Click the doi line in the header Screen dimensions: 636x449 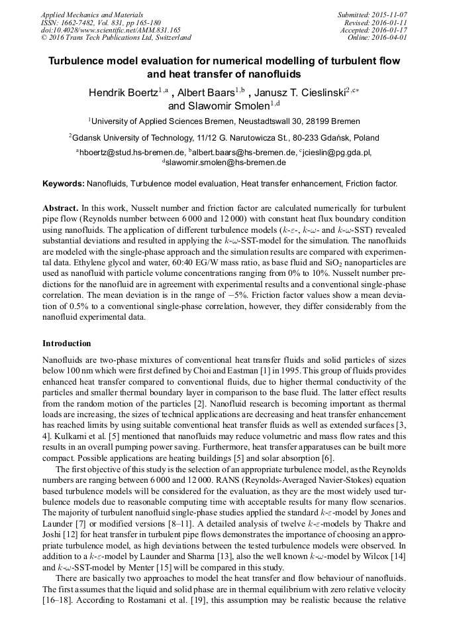[101, 30]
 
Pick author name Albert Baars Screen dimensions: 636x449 [205, 93]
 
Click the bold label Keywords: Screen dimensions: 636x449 [64, 182]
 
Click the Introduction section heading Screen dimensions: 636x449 [67, 343]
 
